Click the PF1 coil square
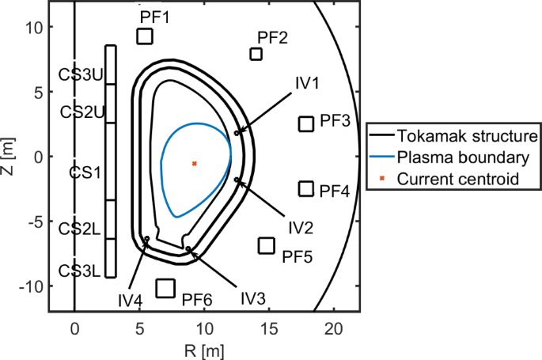pyautogui.click(x=145, y=36)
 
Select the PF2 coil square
pyautogui.click(x=256, y=55)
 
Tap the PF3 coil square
pyautogui.click(x=306, y=124)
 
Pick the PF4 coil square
pyautogui.click(x=306, y=189)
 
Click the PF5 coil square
pyautogui.click(x=267, y=245)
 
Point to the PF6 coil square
pyautogui.click(x=165, y=289)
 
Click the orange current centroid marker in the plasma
pyautogui.click(x=195, y=164)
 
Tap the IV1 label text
pyautogui.click(x=307, y=83)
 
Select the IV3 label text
pyautogui.click(x=253, y=298)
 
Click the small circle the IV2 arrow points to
pyautogui.click(x=237, y=180)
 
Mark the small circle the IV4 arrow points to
pyautogui.click(x=147, y=239)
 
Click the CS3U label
pyautogui.click(x=81, y=74)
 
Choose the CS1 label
pyautogui.click(x=85, y=172)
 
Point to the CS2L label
pyautogui.click(x=79, y=229)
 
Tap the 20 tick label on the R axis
pyautogui.click(x=334, y=328)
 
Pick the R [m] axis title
pyautogui.click(x=204, y=351)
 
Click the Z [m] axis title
pyautogui.click(x=7, y=157)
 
